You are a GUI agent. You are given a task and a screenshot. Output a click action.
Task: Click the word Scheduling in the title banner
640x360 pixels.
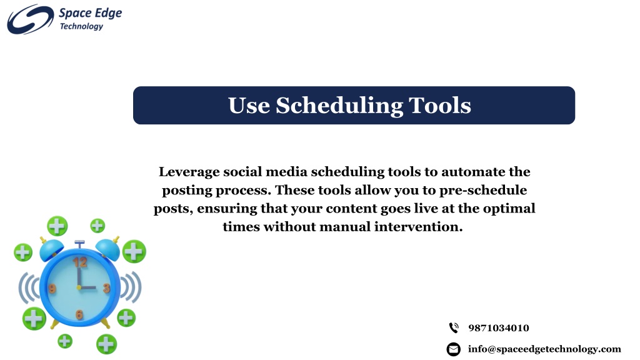tap(339, 106)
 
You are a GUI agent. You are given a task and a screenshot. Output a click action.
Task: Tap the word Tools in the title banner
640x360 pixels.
tap(440, 105)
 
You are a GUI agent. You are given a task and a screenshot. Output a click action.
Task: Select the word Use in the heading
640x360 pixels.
tap(249, 105)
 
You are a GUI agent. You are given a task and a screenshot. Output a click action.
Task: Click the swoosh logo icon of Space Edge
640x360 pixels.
tap(30, 19)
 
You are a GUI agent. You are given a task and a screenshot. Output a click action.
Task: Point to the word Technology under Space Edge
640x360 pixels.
tap(81, 26)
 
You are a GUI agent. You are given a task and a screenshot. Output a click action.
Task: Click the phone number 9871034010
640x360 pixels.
tap(498, 327)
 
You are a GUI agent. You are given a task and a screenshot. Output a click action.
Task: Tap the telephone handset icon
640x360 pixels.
tap(454, 327)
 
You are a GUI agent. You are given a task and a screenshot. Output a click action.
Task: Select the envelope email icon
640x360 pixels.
tap(454, 349)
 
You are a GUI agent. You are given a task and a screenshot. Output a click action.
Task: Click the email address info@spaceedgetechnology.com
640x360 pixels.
tap(544, 349)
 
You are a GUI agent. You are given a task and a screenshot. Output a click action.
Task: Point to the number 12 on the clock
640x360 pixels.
tap(81, 262)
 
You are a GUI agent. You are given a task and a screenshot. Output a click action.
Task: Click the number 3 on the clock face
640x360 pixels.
tap(106, 288)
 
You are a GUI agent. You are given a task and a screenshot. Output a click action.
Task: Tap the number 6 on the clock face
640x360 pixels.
tap(79, 314)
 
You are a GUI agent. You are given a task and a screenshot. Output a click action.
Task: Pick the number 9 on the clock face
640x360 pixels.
tap(52, 289)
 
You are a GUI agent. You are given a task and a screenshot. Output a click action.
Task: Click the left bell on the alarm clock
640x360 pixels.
tap(51, 250)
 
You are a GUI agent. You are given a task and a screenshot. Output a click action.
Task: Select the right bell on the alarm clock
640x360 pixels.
tap(107, 249)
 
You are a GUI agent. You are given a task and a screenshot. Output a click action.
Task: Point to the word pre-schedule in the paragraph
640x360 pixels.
tap(483, 191)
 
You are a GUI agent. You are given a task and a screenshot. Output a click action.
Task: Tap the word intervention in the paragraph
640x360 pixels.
tap(418, 226)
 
